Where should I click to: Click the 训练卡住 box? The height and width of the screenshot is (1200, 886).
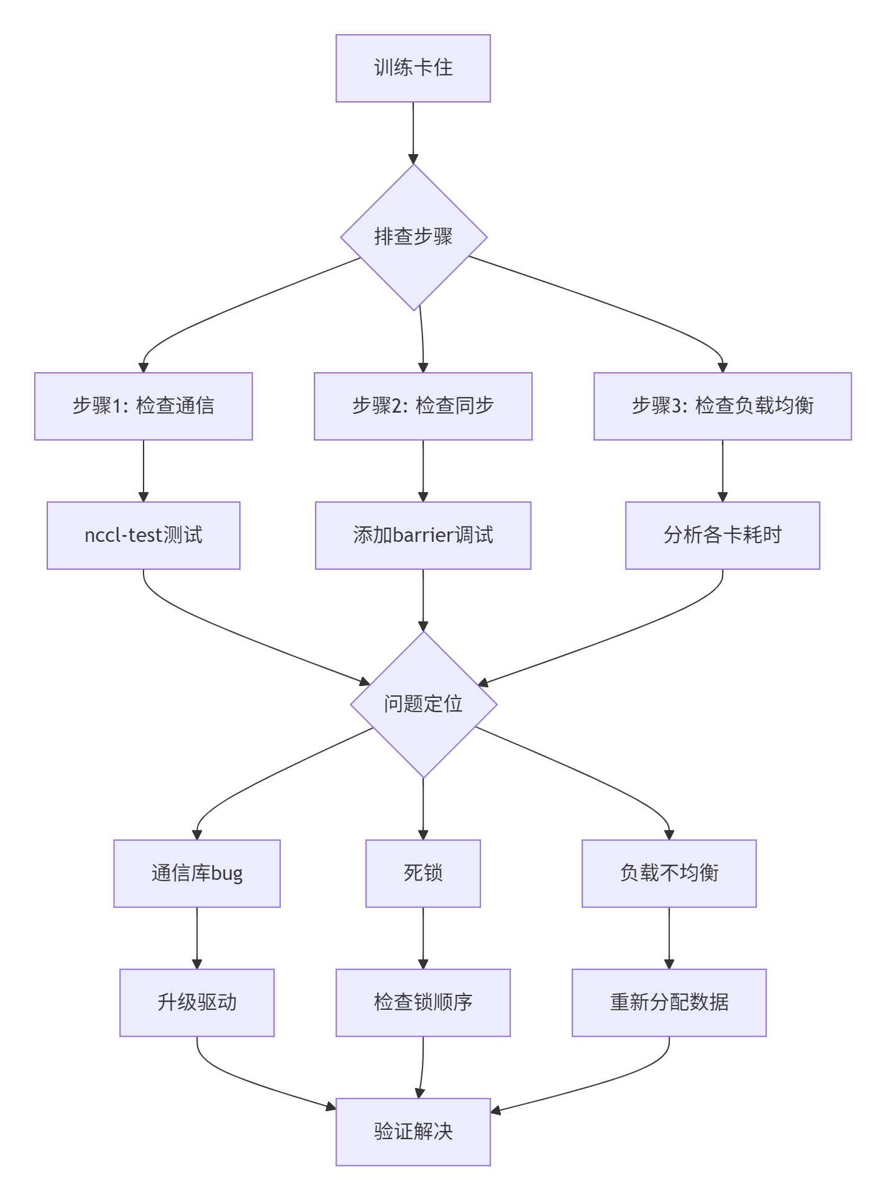[413, 68]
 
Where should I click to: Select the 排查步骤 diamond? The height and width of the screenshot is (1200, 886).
[413, 237]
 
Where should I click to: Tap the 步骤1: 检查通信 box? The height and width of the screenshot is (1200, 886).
[144, 406]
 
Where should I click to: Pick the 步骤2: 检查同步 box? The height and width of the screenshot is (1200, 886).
[423, 406]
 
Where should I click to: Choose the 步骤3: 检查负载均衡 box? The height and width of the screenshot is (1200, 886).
[722, 406]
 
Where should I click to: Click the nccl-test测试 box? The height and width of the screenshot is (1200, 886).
[144, 535]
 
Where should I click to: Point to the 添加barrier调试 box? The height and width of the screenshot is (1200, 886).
[423, 535]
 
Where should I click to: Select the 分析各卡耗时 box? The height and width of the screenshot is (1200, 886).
[722, 535]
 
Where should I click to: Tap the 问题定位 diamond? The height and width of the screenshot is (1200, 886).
[423, 704]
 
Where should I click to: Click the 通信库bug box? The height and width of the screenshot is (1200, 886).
[197, 873]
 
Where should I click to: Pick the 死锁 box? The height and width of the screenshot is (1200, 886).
[423, 873]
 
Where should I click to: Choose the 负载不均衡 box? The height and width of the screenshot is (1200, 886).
[669, 873]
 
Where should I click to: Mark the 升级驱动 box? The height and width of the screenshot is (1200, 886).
[197, 1002]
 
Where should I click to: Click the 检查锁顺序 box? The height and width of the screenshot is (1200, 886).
[423, 1002]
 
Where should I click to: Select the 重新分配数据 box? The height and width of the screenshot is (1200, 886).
[669, 1002]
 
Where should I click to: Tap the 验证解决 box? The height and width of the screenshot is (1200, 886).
[413, 1132]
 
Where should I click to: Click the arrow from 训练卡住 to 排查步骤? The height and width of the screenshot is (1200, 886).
[413, 132]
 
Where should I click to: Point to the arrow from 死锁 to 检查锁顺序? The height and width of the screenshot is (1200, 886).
[423, 938]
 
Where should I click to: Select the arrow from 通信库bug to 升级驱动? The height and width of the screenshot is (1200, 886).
[197, 938]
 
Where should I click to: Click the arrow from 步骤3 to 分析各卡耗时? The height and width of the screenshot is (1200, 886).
[722, 470]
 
